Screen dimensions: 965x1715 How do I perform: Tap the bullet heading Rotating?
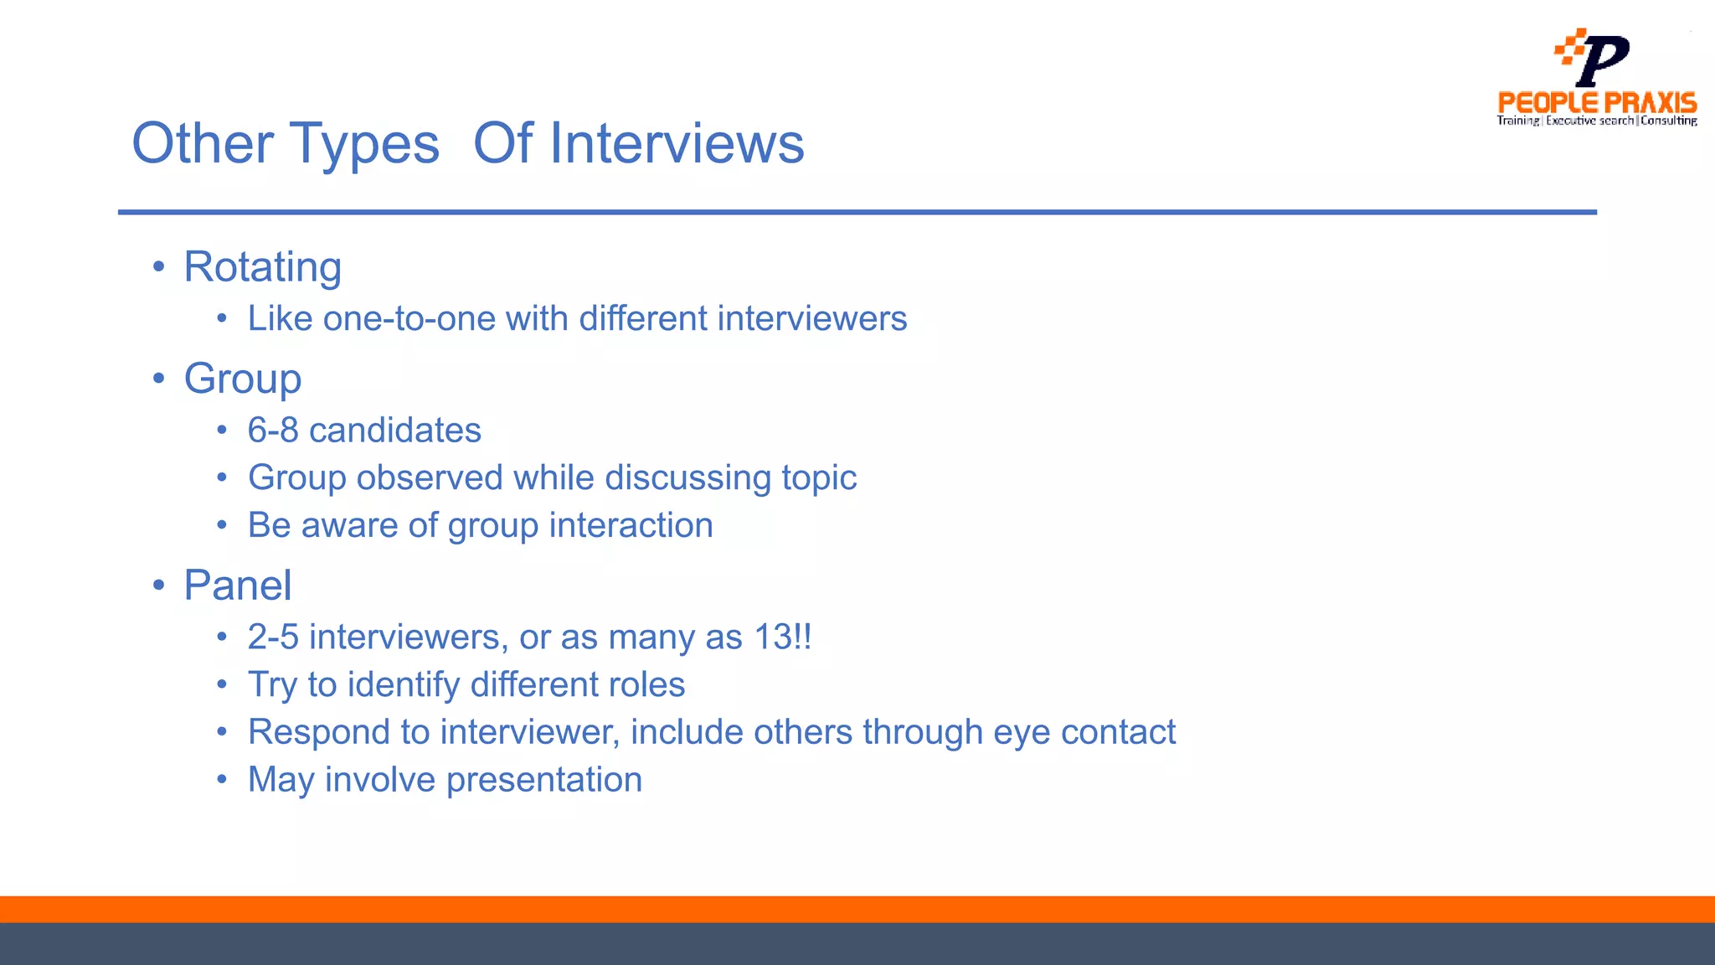pyautogui.click(x=262, y=267)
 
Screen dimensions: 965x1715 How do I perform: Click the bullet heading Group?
pyautogui.click(x=242, y=379)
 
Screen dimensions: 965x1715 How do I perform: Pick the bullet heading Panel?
pyautogui.click(x=238, y=585)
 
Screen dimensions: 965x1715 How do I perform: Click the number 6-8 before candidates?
pyautogui.click(x=272, y=431)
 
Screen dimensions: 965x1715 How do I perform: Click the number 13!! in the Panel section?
pyautogui.click(x=783, y=637)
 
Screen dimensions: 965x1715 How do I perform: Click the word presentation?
pyautogui.click(x=543, y=780)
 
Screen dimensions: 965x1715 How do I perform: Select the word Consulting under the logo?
pyautogui.click(x=1668, y=121)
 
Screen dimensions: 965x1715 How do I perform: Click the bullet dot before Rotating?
pyautogui.click(x=159, y=267)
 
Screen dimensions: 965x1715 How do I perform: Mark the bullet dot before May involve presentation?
pyautogui.click(x=222, y=780)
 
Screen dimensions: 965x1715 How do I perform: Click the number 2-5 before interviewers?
pyautogui.click(x=272, y=637)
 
